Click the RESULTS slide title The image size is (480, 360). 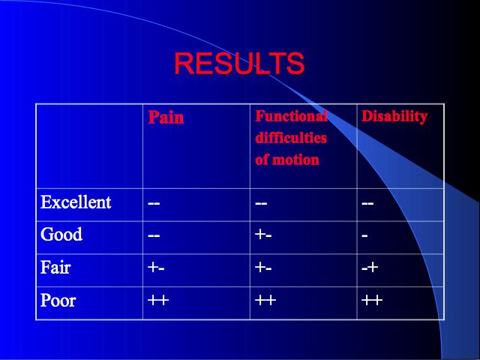pyautogui.click(x=239, y=63)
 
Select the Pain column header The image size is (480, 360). pyautogui.click(x=166, y=117)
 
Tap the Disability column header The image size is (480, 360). pyautogui.click(x=394, y=117)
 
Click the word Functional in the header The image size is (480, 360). pyautogui.click(x=291, y=116)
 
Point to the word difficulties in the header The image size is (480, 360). pyautogui.click(x=291, y=138)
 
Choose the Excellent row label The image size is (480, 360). pyautogui.click(x=76, y=202)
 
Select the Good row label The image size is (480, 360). pyautogui.click(x=61, y=234)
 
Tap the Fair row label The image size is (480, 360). pyautogui.click(x=55, y=267)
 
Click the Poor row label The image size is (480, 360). pyautogui.click(x=58, y=300)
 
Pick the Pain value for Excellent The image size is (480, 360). pyautogui.click(x=154, y=203)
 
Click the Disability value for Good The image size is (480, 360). pyautogui.click(x=364, y=236)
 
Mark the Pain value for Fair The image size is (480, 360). pyautogui.click(x=156, y=268)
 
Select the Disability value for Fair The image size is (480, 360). pyautogui.click(x=370, y=268)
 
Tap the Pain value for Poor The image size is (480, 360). pyautogui.click(x=158, y=300)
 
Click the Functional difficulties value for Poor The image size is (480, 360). pyautogui.click(x=265, y=300)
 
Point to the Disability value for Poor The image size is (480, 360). pyautogui.click(x=372, y=300)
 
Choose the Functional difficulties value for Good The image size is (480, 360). pyautogui.click(x=263, y=235)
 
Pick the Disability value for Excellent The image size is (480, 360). pyautogui.click(x=367, y=203)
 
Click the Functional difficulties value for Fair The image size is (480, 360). pyautogui.click(x=263, y=268)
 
